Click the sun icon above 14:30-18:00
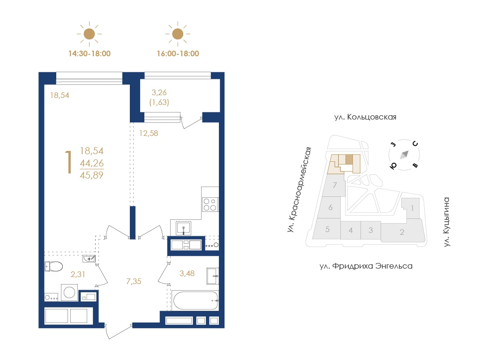pos(89,34)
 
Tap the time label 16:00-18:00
pos(178,53)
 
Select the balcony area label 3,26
pos(159,92)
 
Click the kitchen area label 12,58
pos(149,133)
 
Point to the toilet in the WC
pos(53,266)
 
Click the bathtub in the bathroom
pos(195,300)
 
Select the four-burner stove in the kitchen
pos(210,204)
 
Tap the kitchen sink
pos(183,228)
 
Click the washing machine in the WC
pos(69,292)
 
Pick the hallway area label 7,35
pos(134,281)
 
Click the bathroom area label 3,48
pos(187,273)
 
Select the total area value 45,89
pos(91,175)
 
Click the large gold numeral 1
pos(69,163)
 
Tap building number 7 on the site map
pos(335,185)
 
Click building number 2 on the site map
pos(402,232)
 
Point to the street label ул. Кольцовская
pos(365,117)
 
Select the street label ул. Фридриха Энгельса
pos(366,266)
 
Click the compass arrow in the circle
pos(405,154)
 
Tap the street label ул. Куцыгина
pos(447,222)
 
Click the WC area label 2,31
pos(78,274)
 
